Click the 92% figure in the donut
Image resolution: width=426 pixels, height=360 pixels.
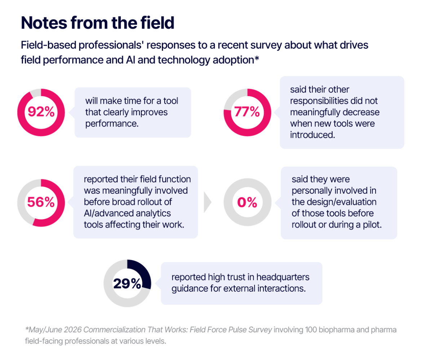point(41,112)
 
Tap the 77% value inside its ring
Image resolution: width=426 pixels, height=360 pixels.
point(247,112)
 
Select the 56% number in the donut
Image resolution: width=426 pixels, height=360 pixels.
point(41,202)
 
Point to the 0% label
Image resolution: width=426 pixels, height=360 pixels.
point(247,202)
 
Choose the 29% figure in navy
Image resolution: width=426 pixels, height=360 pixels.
point(127,284)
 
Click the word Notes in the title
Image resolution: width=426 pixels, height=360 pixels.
point(44,23)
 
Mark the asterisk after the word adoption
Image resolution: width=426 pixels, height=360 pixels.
point(257,58)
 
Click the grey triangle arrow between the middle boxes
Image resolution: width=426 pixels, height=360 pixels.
point(208,202)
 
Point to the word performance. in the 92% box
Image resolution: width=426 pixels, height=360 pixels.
point(112,124)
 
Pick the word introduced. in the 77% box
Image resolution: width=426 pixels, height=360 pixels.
point(312,135)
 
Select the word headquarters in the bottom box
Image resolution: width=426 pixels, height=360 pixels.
point(283,277)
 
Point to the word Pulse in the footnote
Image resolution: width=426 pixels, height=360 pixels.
point(237,330)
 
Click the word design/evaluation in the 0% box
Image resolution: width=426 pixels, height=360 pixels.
point(340,202)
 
